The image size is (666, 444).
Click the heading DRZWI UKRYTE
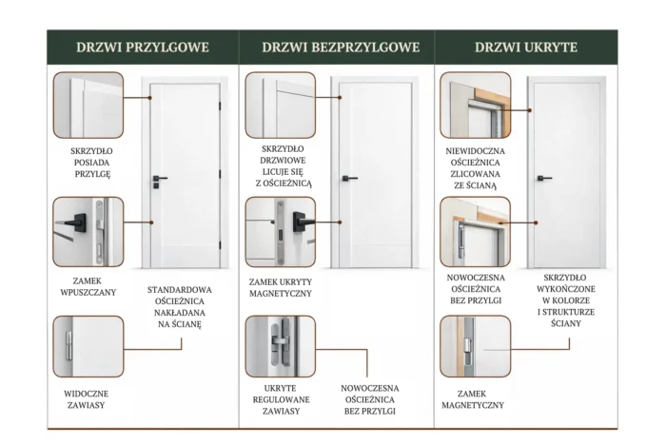tap(526, 46)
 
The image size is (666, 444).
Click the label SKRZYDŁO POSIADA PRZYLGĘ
tap(90, 162)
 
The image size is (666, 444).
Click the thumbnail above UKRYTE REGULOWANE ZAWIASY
tap(281, 346)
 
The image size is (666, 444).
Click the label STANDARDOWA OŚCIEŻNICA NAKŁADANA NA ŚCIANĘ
tap(180, 306)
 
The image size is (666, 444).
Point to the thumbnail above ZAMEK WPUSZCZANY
tap(88, 229)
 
